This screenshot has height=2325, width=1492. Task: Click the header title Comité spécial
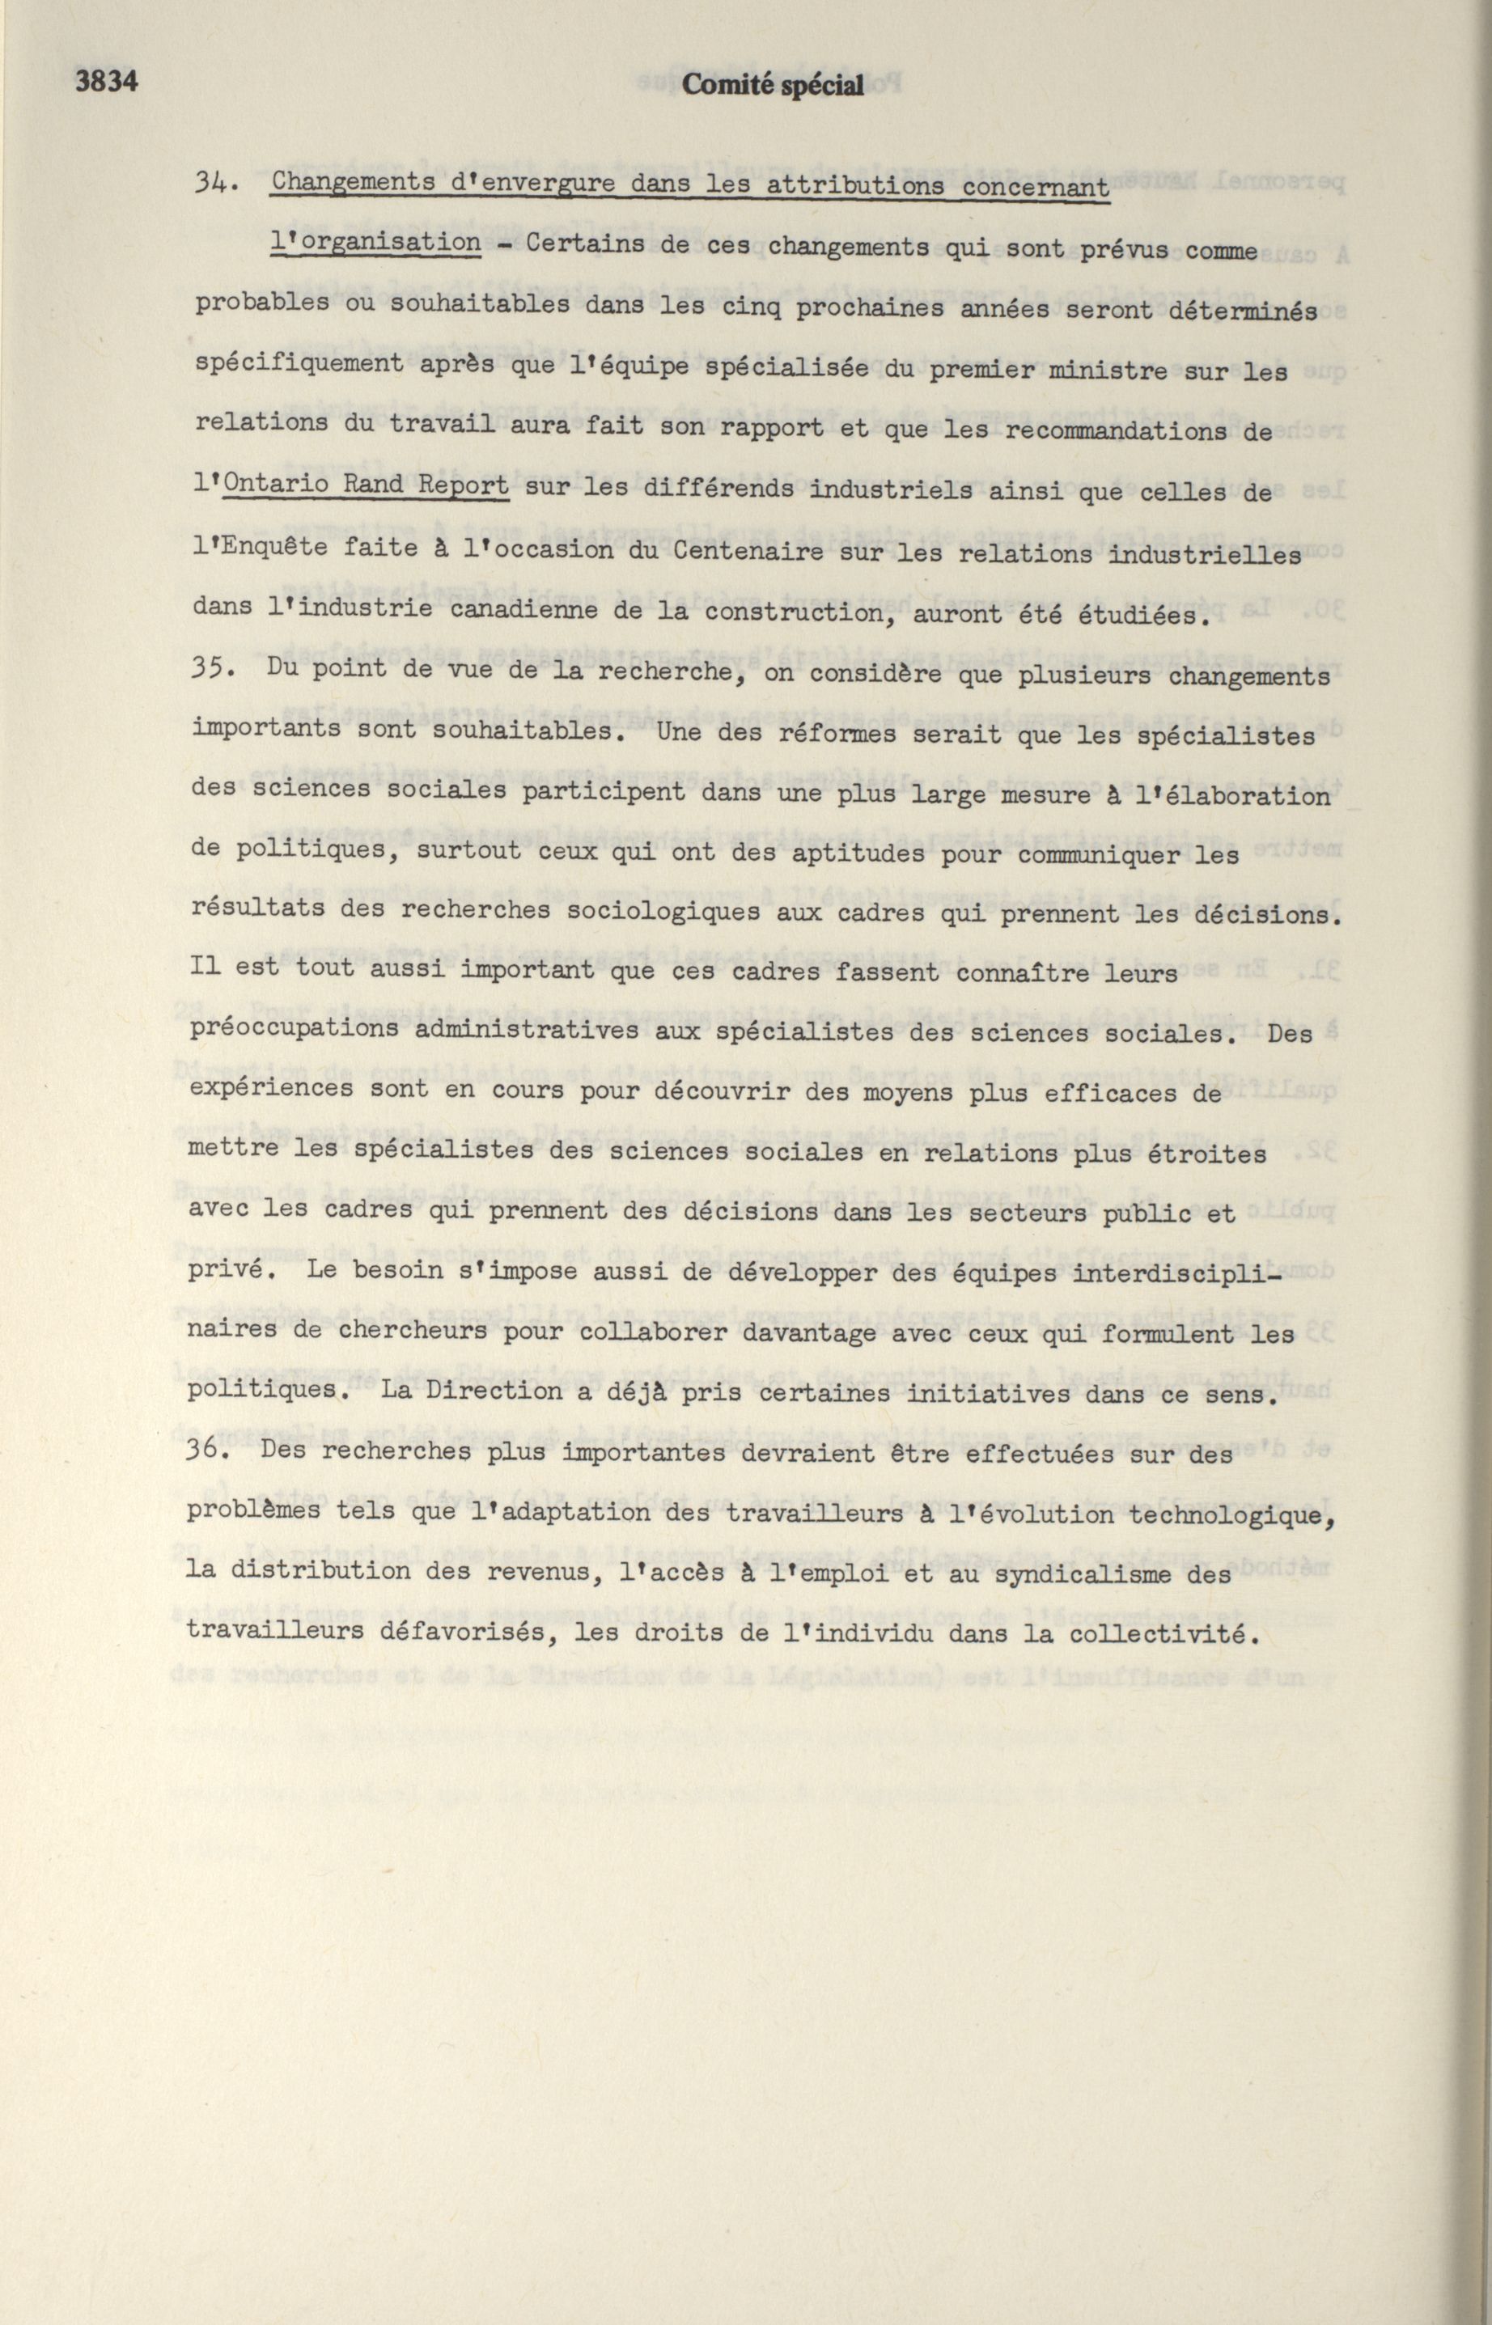pyautogui.click(x=772, y=87)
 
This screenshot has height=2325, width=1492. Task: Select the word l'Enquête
pyautogui.click(x=260, y=548)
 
